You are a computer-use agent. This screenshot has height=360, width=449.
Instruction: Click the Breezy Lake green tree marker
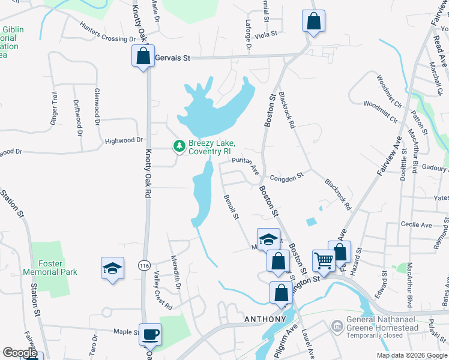(178, 146)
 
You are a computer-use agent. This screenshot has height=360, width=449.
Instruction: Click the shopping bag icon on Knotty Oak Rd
(143, 56)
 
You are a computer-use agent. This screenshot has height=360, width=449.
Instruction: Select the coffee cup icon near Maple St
(150, 334)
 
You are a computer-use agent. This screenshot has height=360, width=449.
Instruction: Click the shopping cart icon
(324, 260)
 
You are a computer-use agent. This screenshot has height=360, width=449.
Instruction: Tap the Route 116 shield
(143, 265)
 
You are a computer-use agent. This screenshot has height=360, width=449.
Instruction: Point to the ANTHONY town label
(264, 319)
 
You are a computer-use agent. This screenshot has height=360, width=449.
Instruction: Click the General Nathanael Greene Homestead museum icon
(337, 326)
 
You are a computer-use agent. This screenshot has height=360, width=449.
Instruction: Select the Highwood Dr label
(124, 140)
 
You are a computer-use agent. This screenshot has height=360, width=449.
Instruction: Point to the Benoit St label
(231, 207)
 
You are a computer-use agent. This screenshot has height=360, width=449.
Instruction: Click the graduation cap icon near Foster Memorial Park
(112, 268)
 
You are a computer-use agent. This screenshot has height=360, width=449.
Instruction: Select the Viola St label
(264, 35)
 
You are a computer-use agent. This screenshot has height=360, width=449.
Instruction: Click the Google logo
(20, 353)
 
